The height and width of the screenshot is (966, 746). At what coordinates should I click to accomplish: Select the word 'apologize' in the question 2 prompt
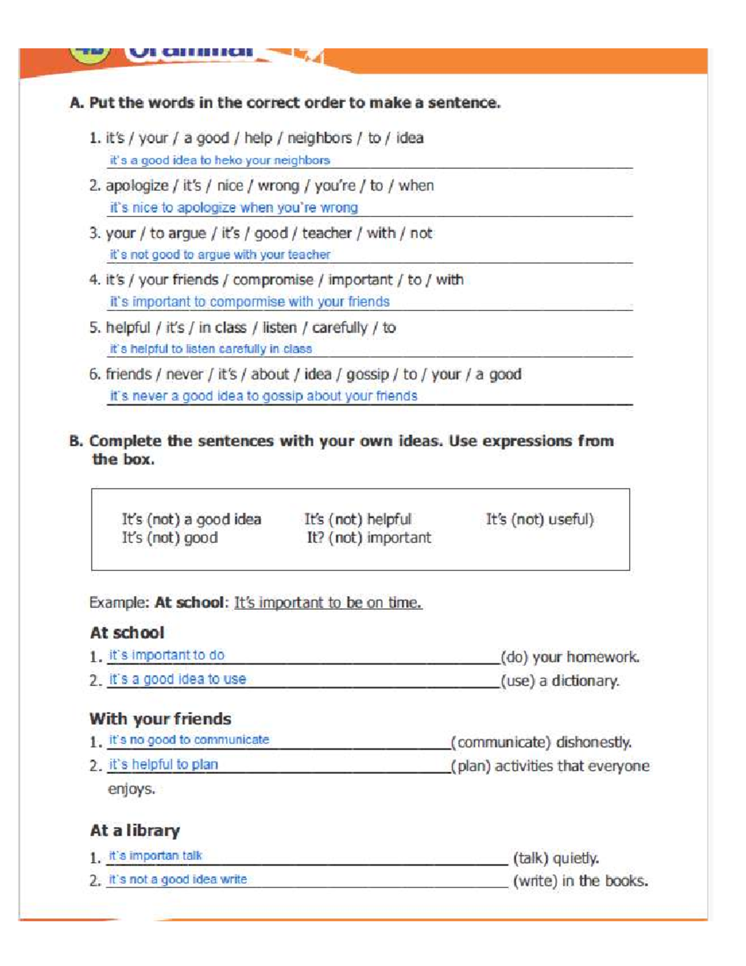(137, 186)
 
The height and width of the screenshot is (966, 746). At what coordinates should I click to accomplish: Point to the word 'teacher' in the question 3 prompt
(327, 233)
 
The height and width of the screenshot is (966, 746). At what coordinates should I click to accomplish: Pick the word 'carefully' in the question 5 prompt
(339, 328)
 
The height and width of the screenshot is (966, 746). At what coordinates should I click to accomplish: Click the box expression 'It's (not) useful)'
(540, 519)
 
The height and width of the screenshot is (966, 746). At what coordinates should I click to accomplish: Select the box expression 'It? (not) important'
(369, 538)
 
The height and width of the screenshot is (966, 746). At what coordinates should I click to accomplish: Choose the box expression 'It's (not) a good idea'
(191, 519)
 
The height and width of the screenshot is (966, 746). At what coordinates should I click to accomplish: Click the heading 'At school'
(127, 633)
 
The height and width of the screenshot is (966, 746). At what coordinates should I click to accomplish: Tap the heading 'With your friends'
(160, 719)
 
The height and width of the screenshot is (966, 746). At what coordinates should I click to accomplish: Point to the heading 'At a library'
(135, 831)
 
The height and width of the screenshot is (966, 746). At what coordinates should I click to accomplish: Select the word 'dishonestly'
(594, 743)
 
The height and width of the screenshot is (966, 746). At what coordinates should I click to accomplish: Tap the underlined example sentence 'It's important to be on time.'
(328, 603)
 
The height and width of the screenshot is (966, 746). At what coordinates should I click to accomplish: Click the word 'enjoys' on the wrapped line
(131, 790)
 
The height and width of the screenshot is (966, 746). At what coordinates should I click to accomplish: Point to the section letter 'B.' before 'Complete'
(76, 442)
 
